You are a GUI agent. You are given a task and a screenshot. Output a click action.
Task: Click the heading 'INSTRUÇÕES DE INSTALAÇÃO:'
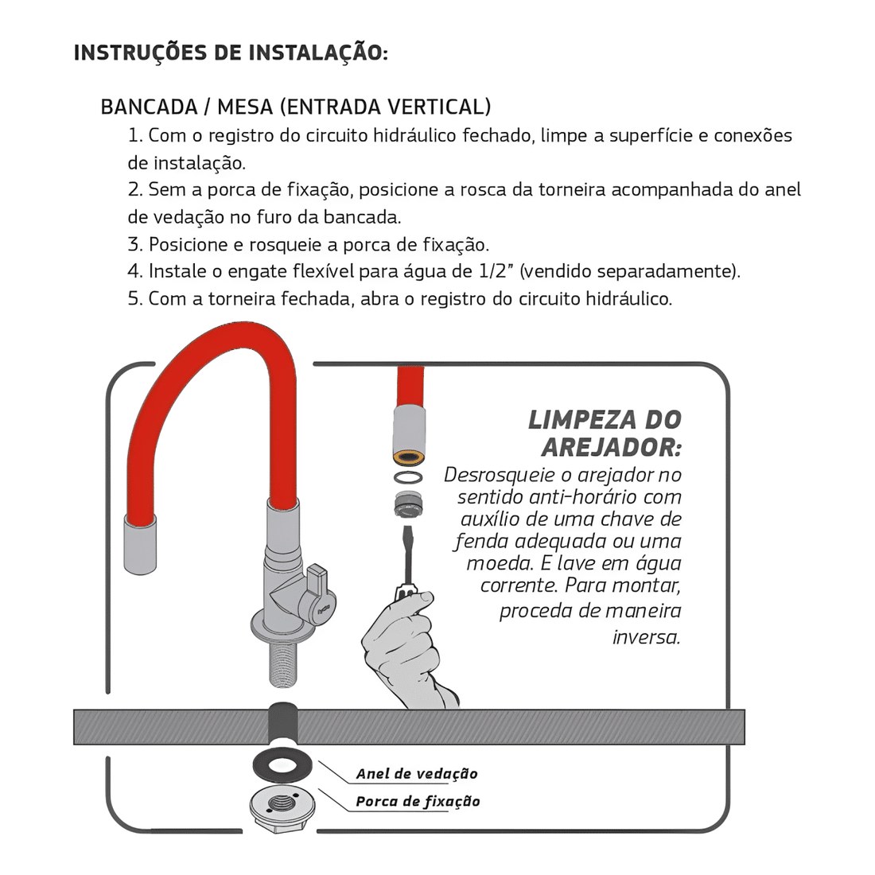231,53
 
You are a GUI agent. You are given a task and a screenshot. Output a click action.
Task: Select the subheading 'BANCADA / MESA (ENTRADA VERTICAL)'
295,107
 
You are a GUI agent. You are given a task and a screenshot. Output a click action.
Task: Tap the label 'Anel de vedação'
416,774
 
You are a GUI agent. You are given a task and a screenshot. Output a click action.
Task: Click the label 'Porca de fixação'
417,802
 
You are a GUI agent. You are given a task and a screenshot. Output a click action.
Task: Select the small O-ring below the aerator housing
409,478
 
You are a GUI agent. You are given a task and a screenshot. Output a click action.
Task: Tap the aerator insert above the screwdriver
409,503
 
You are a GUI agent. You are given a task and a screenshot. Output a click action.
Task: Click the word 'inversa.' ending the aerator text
647,637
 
